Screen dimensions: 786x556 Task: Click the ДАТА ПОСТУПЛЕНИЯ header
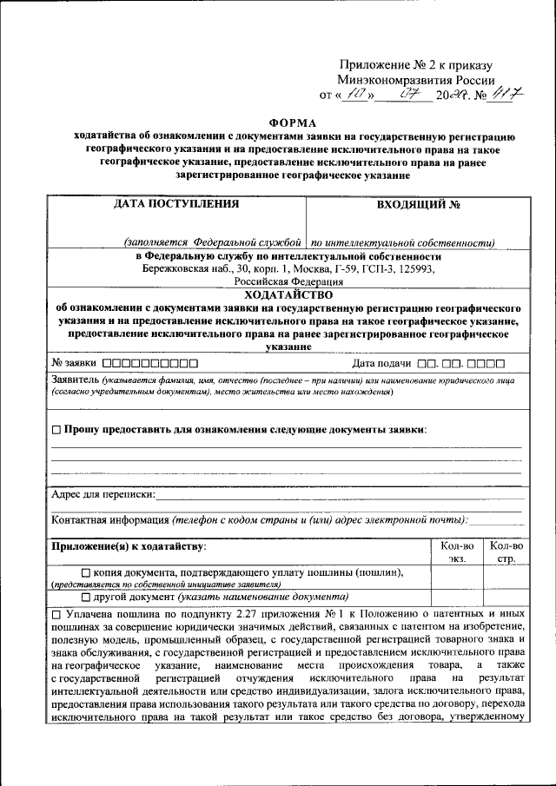[175, 205]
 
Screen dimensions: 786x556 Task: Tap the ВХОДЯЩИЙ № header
[418, 206]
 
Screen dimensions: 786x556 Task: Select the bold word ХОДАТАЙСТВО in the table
[288, 294]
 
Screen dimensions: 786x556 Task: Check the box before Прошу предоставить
[56, 430]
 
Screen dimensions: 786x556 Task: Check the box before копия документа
[85, 572]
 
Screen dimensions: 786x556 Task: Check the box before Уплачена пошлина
[56, 614]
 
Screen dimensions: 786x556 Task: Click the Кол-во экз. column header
[456, 552]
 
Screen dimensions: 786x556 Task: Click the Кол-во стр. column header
[506, 552]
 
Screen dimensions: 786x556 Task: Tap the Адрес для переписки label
[103, 494]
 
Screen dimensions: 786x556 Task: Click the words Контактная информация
[109, 519]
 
